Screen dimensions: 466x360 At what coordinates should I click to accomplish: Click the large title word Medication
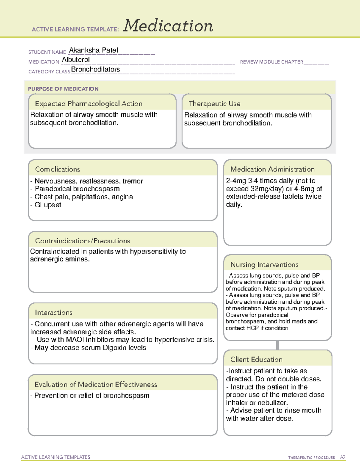click(168, 26)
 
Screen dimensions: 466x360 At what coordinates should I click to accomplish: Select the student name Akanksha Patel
click(94, 50)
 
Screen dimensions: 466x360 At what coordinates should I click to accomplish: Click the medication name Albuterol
click(76, 60)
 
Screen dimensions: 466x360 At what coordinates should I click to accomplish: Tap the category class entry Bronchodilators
click(95, 69)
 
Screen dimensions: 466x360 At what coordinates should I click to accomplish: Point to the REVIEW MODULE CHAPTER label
click(271, 62)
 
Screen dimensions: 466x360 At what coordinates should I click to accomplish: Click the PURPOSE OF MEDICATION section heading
click(63, 89)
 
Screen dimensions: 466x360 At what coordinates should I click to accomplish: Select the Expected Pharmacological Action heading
click(88, 104)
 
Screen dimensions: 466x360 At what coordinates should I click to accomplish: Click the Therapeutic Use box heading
click(214, 104)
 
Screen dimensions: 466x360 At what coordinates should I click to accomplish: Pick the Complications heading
click(58, 169)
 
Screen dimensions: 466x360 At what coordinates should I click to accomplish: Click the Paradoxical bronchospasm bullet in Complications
click(77, 189)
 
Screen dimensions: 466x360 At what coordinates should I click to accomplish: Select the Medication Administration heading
click(272, 169)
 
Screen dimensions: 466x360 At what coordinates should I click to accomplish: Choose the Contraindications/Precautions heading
click(82, 241)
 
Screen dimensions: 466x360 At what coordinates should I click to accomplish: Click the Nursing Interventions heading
click(264, 265)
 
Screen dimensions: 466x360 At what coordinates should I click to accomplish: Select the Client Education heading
click(256, 359)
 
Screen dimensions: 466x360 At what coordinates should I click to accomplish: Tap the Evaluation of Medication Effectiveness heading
click(96, 384)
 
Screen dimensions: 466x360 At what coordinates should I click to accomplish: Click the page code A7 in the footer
click(343, 457)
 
